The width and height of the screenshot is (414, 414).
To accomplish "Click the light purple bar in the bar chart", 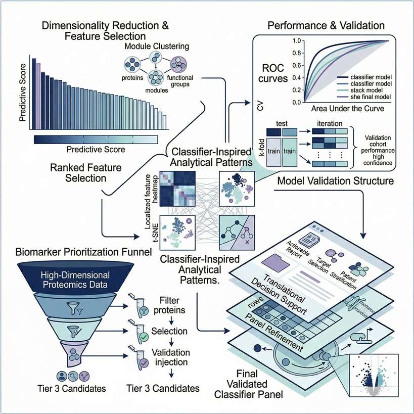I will (38, 96).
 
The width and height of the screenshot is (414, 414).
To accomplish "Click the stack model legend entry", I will (356, 89).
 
